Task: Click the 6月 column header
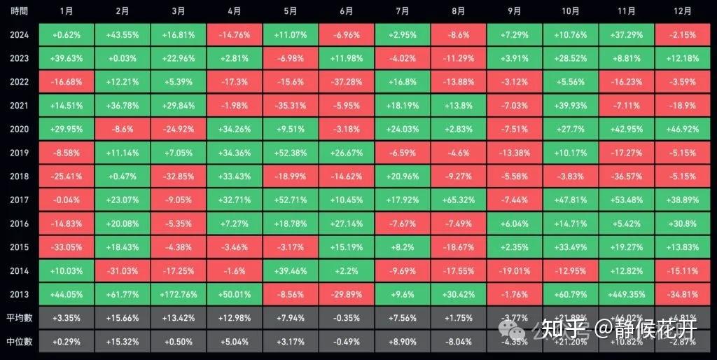click(x=346, y=11)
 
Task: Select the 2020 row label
click(x=19, y=129)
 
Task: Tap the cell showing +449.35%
click(x=627, y=294)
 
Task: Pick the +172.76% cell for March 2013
click(x=179, y=294)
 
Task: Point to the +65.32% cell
click(x=458, y=200)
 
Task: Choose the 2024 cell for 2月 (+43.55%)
click(x=122, y=34)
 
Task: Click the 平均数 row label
click(x=19, y=317)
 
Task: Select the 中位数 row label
click(x=19, y=341)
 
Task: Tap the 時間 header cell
click(x=19, y=11)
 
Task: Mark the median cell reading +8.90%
click(x=402, y=341)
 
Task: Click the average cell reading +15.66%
click(x=122, y=317)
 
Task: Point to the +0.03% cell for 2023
click(x=122, y=58)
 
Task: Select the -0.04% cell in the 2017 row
click(x=66, y=200)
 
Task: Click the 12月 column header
click(x=683, y=11)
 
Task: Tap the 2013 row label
click(x=19, y=294)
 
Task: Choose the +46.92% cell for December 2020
click(x=683, y=129)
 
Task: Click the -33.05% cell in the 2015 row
click(x=66, y=247)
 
